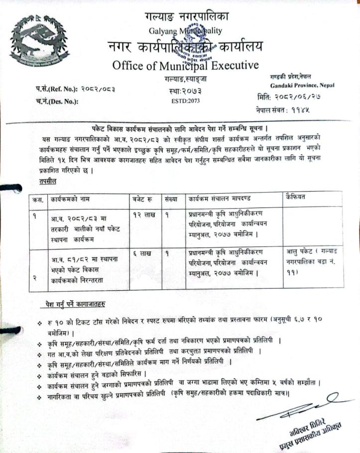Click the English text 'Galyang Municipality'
click(186, 31)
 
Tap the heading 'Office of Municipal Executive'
click(185, 65)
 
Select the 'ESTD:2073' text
click(184, 100)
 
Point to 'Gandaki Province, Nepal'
click(304, 85)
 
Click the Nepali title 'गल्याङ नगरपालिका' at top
click(187, 17)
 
